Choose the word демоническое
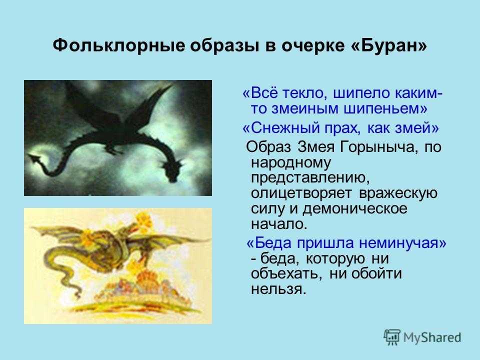(355, 209)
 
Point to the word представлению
(310, 178)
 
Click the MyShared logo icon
(392, 337)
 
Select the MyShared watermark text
(432, 337)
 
